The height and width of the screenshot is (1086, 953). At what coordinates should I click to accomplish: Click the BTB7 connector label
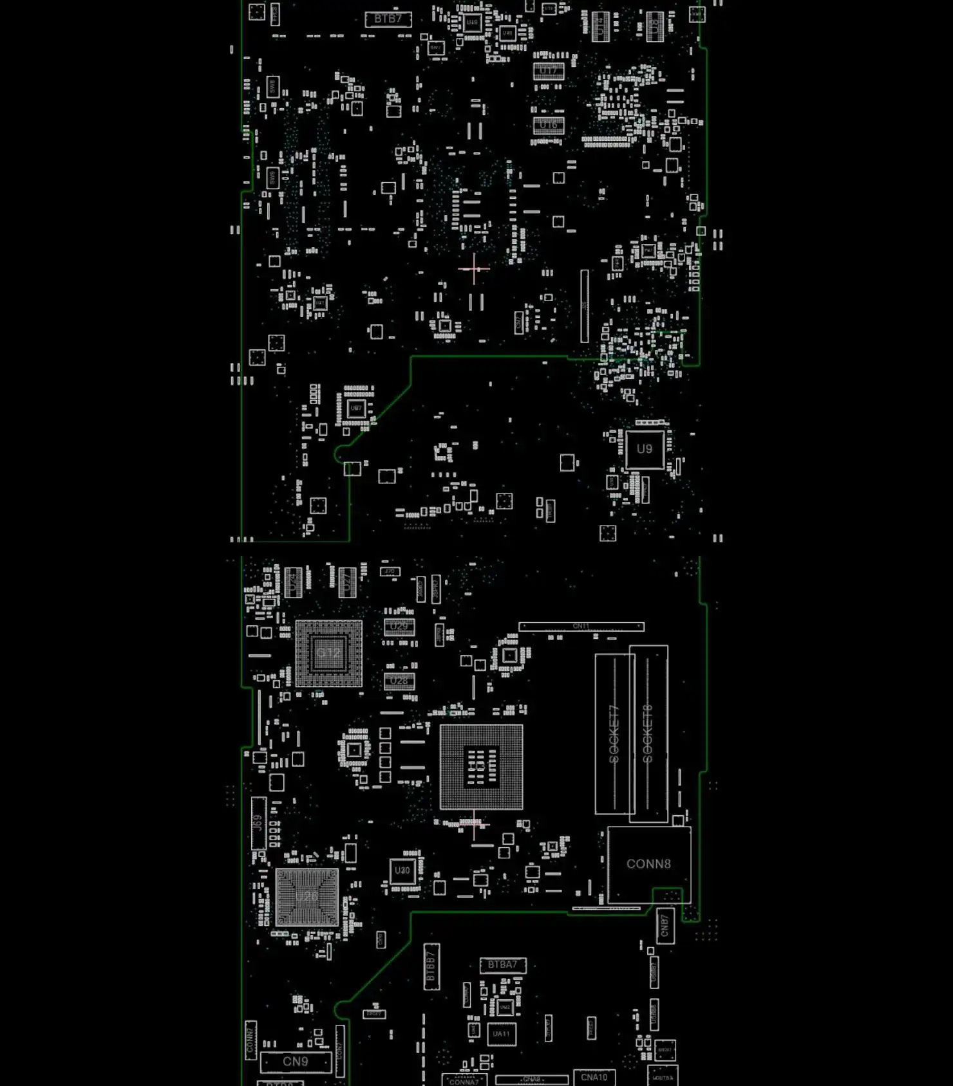(x=388, y=19)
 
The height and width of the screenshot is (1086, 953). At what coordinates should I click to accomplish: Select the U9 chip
(x=645, y=449)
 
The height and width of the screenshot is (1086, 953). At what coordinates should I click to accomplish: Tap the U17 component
(x=549, y=71)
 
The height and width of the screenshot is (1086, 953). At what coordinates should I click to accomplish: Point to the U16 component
(x=549, y=125)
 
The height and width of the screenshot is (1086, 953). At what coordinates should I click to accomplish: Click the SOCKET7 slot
(x=614, y=733)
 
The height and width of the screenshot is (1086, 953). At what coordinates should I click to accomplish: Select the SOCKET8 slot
(x=648, y=733)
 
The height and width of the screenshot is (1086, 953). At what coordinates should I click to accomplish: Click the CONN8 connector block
(x=649, y=864)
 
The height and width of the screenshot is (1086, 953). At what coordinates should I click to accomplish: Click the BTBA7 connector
(x=503, y=965)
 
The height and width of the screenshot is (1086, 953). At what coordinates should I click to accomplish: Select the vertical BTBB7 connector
(x=431, y=966)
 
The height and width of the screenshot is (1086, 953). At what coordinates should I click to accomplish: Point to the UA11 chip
(x=502, y=1035)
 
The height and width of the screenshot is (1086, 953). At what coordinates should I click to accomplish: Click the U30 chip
(x=402, y=870)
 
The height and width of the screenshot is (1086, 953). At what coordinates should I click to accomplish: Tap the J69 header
(x=258, y=822)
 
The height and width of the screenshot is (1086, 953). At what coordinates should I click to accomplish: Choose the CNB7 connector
(x=665, y=926)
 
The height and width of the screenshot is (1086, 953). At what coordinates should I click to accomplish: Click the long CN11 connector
(x=581, y=626)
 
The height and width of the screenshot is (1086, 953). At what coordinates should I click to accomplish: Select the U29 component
(x=399, y=627)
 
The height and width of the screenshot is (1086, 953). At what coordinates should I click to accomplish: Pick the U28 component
(x=399, y=681)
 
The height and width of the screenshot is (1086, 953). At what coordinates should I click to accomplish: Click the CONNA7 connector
(x=464, y=1081)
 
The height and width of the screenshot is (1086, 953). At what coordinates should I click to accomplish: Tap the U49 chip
(x=472, y=23)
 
